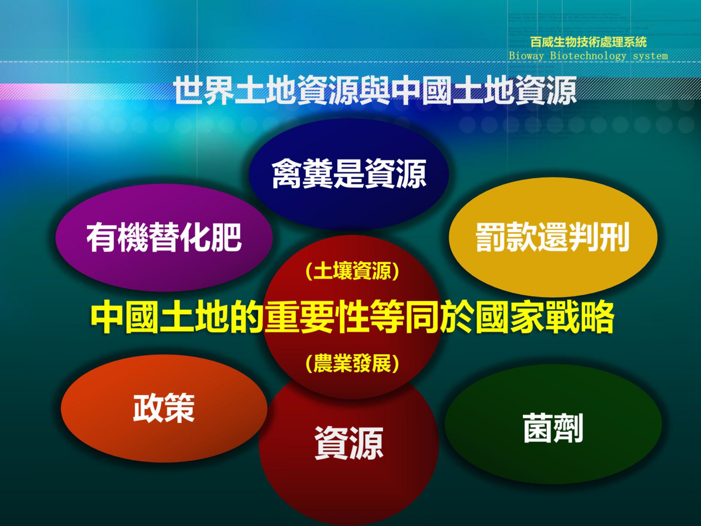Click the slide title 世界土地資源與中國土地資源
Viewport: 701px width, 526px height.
pyautogui.click(x=375, y=90)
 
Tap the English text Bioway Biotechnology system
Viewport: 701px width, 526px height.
pyautogui.click(x=588, y=56)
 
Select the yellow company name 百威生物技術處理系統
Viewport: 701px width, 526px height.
pyautogui.click(x=588, y=42)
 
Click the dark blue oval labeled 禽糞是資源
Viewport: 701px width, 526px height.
pyautogui.click(x=349, y=174)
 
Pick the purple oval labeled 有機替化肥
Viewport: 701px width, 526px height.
pyautogui.click(x=164, y=238)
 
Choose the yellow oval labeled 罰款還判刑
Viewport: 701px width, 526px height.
pyautogui.click(x=553, y=237)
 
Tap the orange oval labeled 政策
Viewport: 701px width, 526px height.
pyautogui.click(x=164, y=408)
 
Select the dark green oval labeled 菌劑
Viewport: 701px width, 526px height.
pyautogui.click(x=553, y=424)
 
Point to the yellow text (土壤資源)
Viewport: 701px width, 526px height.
pyautogui.click(x=352, y=271)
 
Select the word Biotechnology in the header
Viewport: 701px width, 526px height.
pyautogui.click(x=588, y=56)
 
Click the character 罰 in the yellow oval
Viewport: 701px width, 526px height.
pyautogui.click(x=491, y=237)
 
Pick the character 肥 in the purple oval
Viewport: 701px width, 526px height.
pyautogui.click(x=226, y=238)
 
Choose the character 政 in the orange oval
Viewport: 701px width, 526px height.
pyautogui.click(x=149, y=408)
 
